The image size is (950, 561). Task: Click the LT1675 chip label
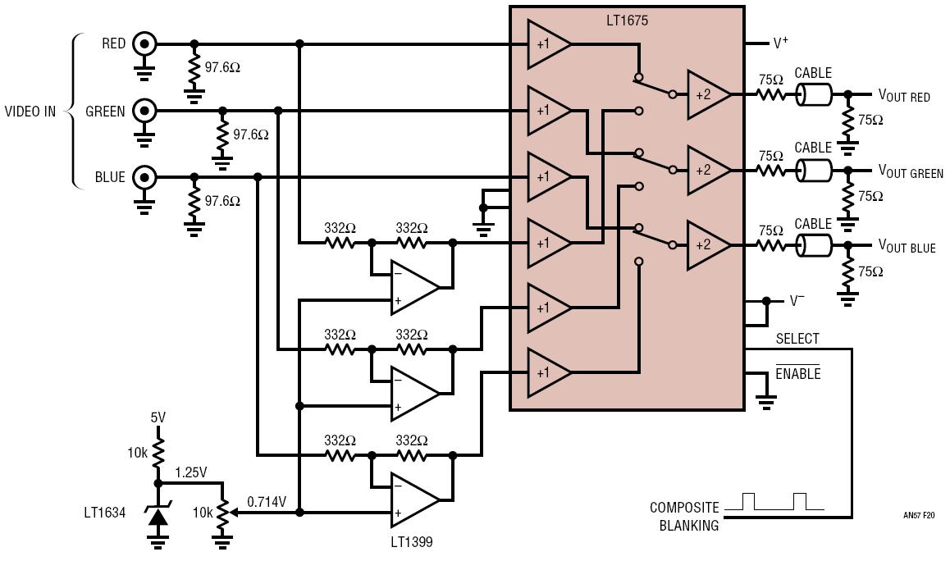click(x=627, y=21)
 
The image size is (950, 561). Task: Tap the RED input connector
click(x=145, y=43)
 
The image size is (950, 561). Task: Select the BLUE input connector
click(x=145, y=177)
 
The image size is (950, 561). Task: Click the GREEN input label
click(x=105, y=112)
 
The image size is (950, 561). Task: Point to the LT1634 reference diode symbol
click(x=158, y=515)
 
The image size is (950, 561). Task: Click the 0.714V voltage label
click(x=267, y=502)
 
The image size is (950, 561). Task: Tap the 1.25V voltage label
click(x=191, y=472)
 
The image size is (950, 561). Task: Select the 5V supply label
click(x=158, y=417)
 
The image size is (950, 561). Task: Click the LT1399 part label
click(x=411, y=541)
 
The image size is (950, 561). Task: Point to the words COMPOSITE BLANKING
click(x=684, y=516)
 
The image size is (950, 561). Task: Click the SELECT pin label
click(x=797, y=339)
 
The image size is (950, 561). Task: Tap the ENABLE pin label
click(x=798, y=373)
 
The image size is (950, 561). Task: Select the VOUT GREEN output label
click(x=911, y=171)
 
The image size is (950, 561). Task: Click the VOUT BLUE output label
click(x=907, y=247)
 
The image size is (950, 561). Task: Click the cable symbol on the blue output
click(x=813, y=245)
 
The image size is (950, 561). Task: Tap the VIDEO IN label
click(x=30, y=112)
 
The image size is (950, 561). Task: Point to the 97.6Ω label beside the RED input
click(x=222, y=67)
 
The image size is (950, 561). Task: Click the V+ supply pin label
click(x=781, y=43)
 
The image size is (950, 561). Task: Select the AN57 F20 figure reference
click(x=919, y=516)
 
